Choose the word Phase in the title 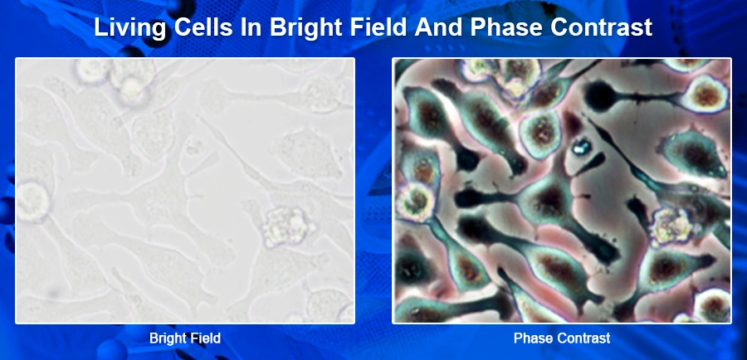tap(508, 27)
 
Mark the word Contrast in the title tap(603, 27)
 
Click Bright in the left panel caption tap(167, 338)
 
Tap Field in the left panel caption tap(204, 338)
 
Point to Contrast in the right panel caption tap(582, 338)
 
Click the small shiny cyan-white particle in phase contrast tap(580, 147)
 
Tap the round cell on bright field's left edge tap(32, 202)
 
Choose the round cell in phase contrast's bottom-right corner tap(712, 304)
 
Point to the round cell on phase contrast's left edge tap(413, 202)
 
